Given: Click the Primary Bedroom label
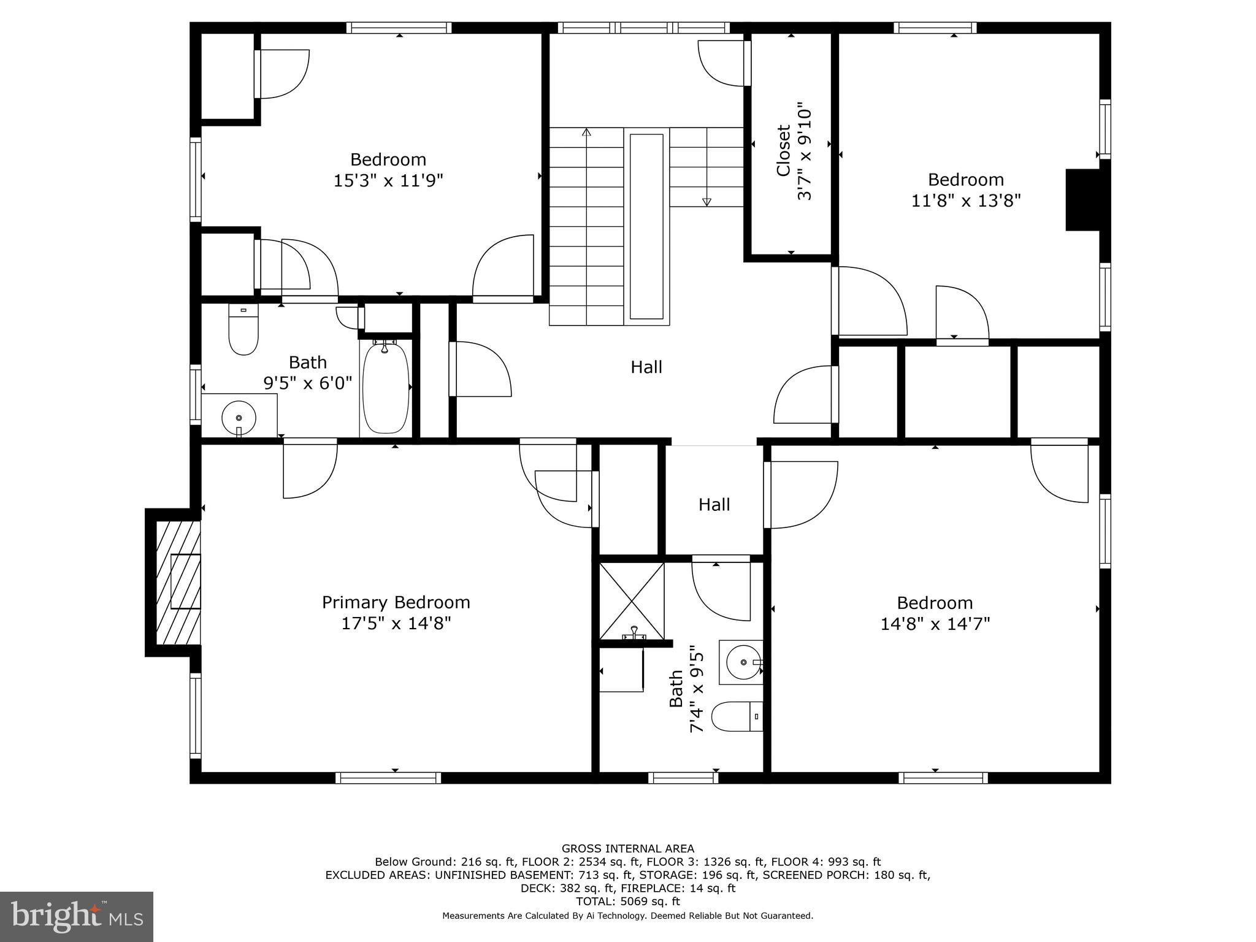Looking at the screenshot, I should pos(396,602).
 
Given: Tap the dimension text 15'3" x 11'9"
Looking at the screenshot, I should pos(388,181).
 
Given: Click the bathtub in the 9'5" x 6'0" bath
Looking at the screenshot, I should pos(385,388).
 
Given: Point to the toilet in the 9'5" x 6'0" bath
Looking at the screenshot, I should pos(243,329).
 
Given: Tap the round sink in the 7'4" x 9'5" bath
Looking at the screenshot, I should pos(743,662).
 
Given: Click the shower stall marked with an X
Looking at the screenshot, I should pos(631,600).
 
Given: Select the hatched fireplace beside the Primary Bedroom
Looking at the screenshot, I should pos(178,582).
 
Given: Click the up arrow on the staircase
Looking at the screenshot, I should pos(586,132).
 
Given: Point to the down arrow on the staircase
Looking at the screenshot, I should pos(706,201).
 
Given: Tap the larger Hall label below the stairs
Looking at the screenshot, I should pos(646,367).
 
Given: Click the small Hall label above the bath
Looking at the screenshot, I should pos(714,505).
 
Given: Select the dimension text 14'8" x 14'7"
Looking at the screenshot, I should pos(935,624).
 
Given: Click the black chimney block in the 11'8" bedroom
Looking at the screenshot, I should pos(1083,200).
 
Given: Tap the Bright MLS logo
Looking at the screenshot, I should pos(77,917).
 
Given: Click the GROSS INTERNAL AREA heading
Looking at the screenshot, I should pos(628,849).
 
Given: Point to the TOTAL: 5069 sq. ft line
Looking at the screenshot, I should pos(628,902).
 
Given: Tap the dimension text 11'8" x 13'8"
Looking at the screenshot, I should pos(965,201).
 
